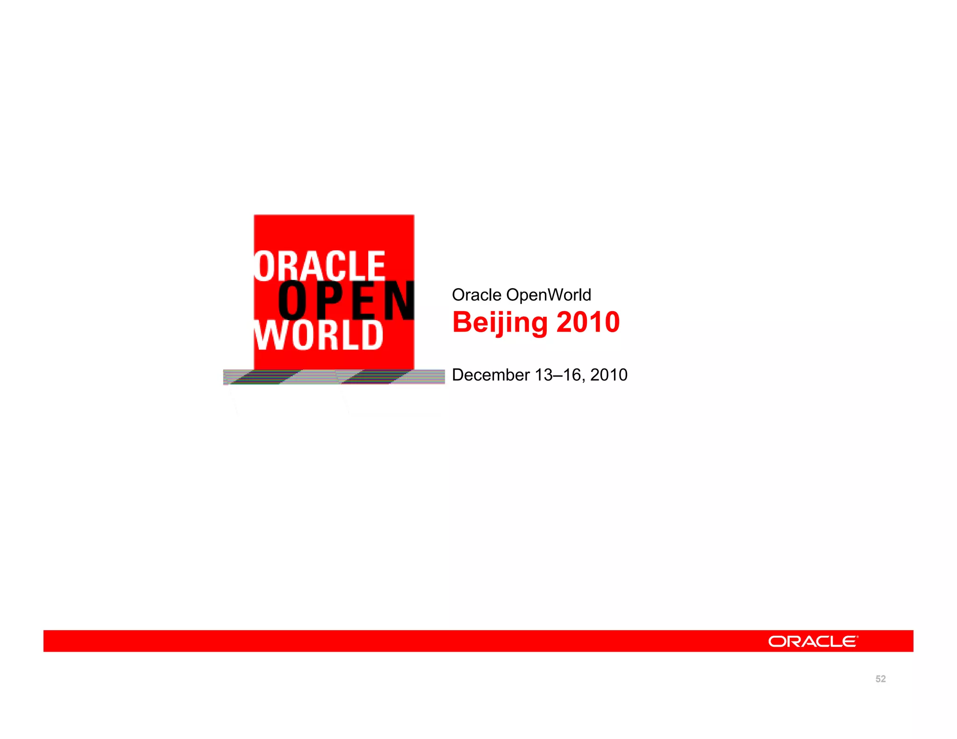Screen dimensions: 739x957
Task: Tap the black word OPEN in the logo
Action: pos(346,301)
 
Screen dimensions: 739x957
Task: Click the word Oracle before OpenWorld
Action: pos(477,295)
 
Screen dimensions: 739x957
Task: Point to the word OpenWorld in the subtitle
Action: pos(549,295)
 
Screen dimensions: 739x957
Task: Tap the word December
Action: pos(491,375)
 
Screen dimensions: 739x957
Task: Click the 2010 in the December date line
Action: pos(608,375)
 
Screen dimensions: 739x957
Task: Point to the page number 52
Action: pos(880,679)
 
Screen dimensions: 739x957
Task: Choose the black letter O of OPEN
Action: pos(293,301)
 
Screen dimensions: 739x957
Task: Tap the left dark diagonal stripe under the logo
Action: pos(264,377)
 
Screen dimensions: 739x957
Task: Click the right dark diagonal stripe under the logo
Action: pos(374,377)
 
